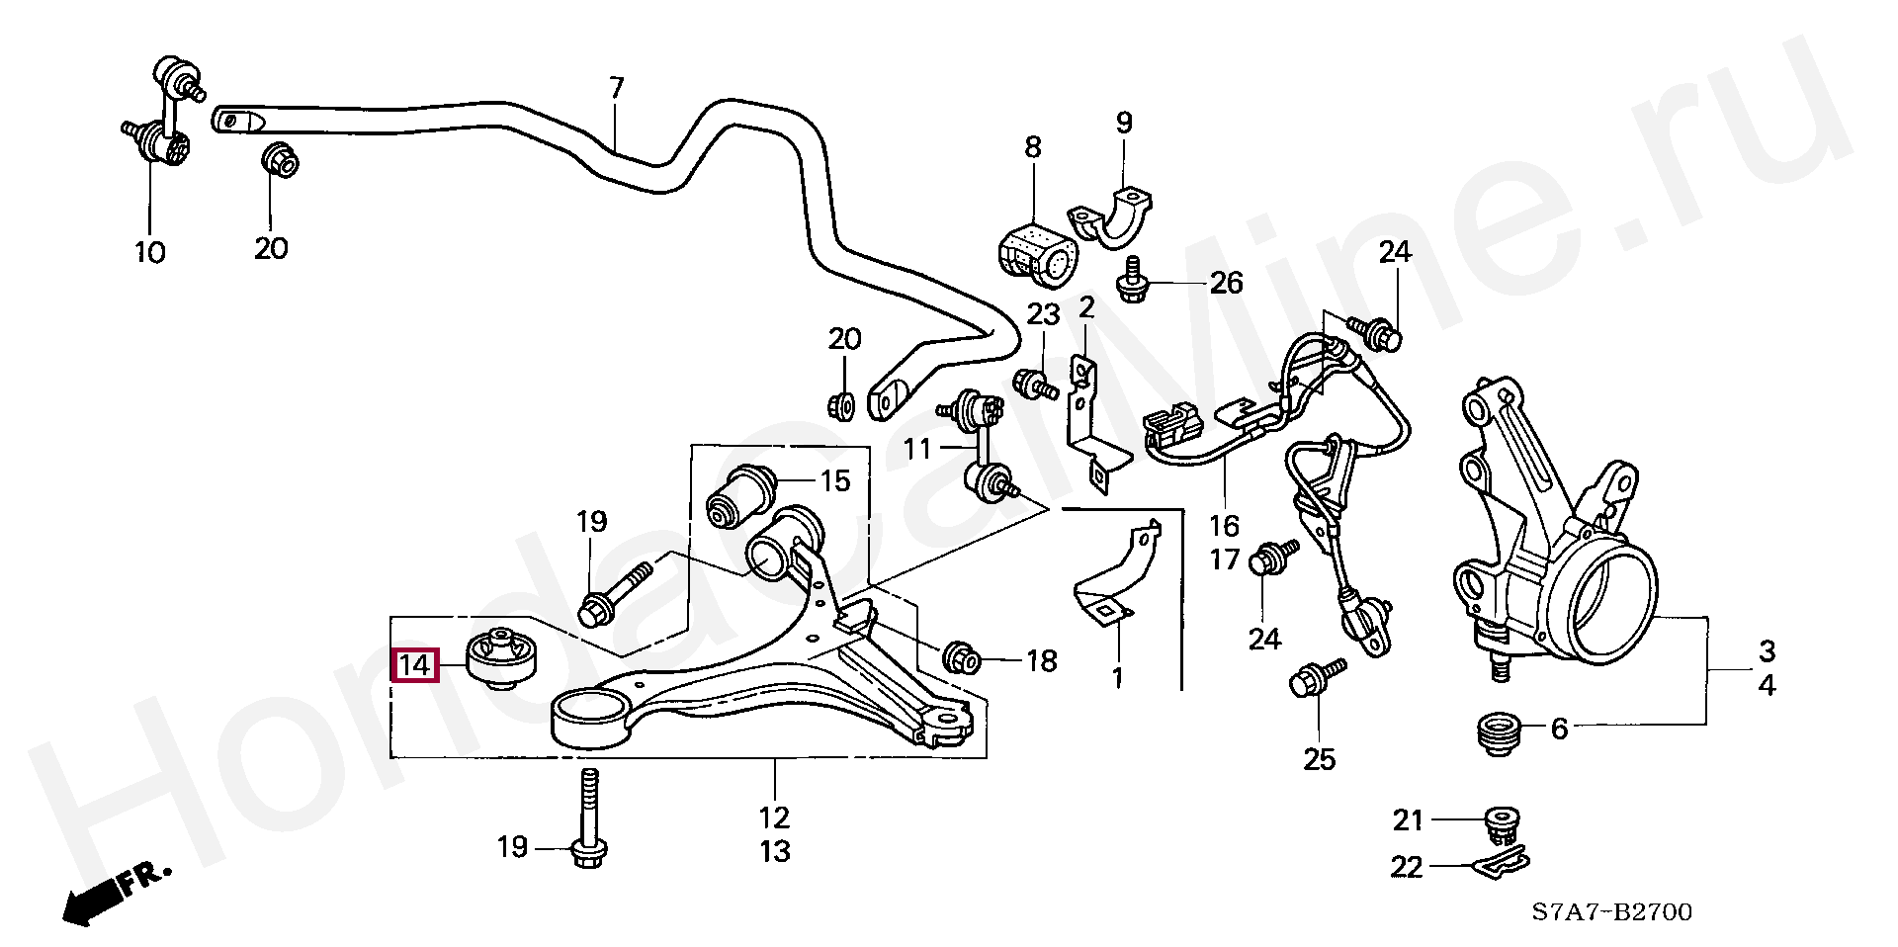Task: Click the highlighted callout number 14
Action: coord(414,664)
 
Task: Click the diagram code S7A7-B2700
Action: coord(1612,911)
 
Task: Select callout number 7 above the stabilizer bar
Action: coord(617,88)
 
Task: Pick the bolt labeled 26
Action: coord(1133,279)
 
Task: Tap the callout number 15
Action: coord(835,481)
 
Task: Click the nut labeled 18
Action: coord(961,657)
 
